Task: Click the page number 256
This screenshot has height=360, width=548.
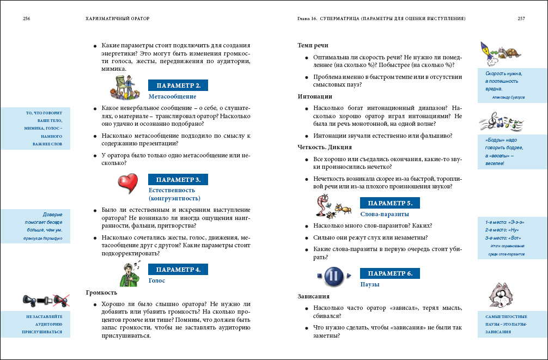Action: point(26,18)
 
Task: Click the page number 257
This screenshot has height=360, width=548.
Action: point(521,18)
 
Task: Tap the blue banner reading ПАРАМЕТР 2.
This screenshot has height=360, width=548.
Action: point(178,86)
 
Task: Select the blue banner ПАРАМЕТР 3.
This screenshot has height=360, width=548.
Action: point(178,179)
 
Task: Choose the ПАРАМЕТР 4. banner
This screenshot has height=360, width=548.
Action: point(178,269)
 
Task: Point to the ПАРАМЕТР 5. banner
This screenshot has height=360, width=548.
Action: point(390,203)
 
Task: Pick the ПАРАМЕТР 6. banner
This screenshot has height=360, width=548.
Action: point(390,273)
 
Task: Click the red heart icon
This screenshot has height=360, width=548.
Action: point(129,183)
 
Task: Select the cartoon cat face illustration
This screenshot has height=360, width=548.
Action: point(502,296)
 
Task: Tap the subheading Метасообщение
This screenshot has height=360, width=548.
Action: point(172,96)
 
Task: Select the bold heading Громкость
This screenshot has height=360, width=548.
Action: point(101,292)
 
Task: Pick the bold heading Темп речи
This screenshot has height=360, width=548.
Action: point(313,45)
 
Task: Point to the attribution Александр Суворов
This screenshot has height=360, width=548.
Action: point(508,97)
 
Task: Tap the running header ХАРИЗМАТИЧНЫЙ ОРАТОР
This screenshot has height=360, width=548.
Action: point(118,18)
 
